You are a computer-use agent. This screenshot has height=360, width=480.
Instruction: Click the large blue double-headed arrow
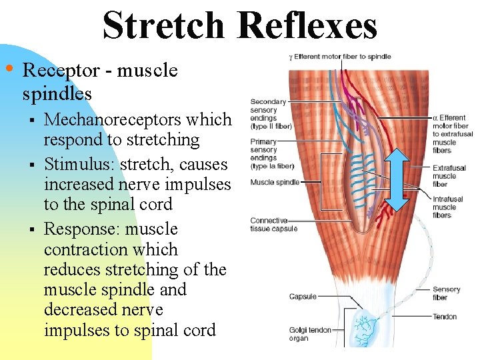[x=399, y=178]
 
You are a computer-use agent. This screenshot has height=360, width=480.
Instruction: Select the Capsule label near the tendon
[x=303, y=297]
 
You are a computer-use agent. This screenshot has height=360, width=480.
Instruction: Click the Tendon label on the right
[x=445, y=317]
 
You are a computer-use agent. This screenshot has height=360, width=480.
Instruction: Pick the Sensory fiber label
[x=446, y=294]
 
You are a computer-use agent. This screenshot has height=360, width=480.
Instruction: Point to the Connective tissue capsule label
[x=273, y=225]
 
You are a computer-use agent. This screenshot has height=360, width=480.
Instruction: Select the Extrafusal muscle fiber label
[x=445, y=176]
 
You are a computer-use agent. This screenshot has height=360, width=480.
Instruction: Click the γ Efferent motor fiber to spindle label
[x=340, y=57]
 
